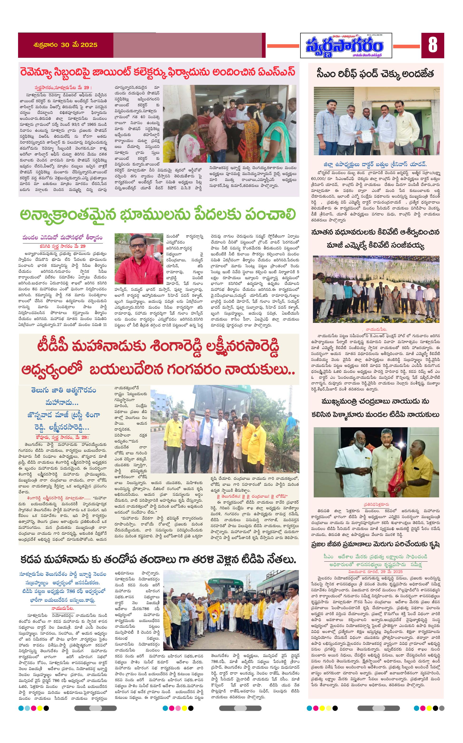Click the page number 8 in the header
click(x=432, y=45)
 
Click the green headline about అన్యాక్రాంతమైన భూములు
click(x=158, y=215)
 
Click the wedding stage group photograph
click(x=376, y=289)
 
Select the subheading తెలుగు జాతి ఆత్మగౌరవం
click(x=63, y=390)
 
